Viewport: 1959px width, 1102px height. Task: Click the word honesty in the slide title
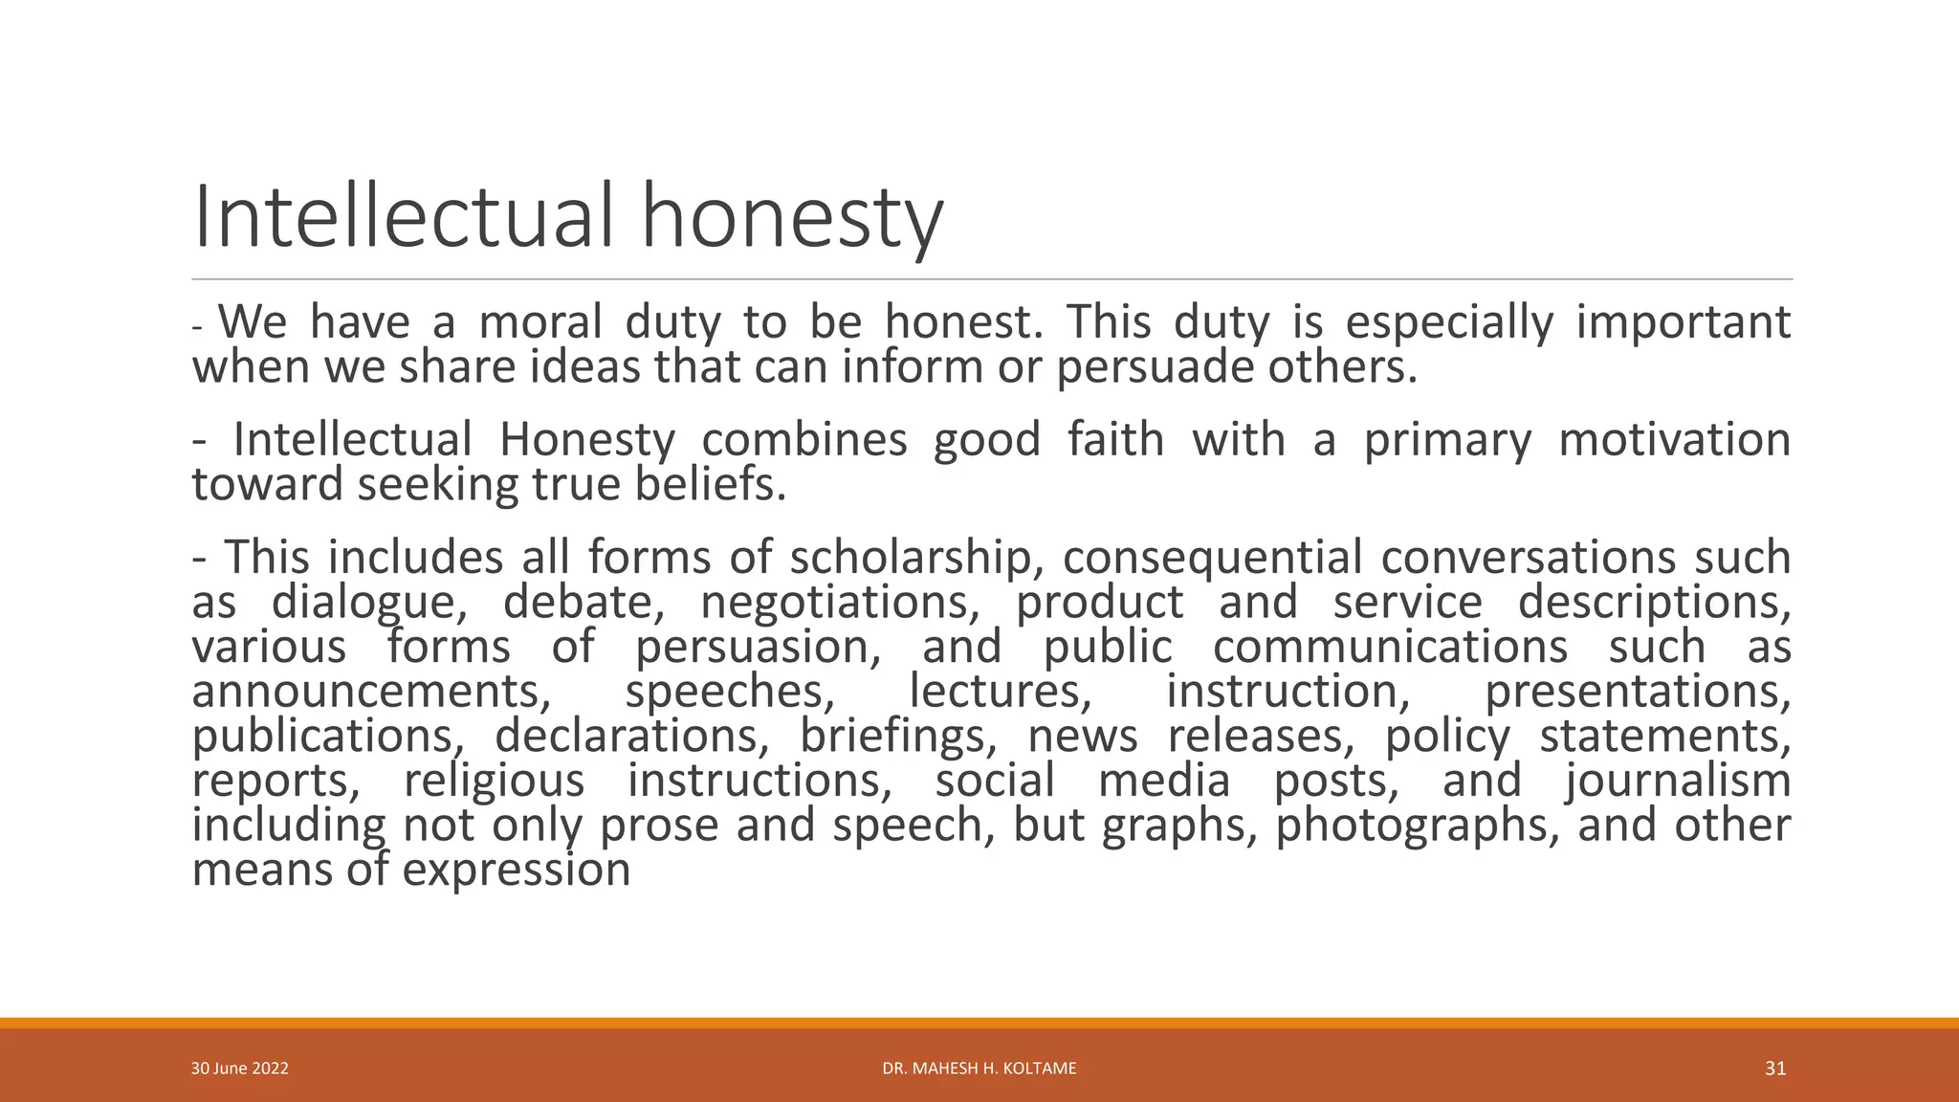pos(791,218)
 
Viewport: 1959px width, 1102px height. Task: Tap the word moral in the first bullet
pos(540,321)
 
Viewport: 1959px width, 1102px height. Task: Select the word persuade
pos(1155,367)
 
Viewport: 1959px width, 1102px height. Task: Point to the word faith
pos(1115,440)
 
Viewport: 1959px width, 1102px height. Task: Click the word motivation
pos(1674,440)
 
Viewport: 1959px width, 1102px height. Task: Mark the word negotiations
pos(845,603)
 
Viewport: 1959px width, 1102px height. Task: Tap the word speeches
pos(730,692)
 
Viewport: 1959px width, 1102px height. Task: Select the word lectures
pos(1000,692)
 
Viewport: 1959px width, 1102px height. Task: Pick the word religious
pos(494,781)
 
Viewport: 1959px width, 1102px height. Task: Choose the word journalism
pos(1678,781)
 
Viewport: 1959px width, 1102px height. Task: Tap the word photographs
pos(1418,826)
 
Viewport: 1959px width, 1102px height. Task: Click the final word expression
pos(517,871)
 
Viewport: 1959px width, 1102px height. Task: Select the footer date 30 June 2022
pos(240,1069)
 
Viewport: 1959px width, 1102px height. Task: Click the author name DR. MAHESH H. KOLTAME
pos(979,1069)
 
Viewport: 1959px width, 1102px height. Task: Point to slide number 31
pos(1775,1069)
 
